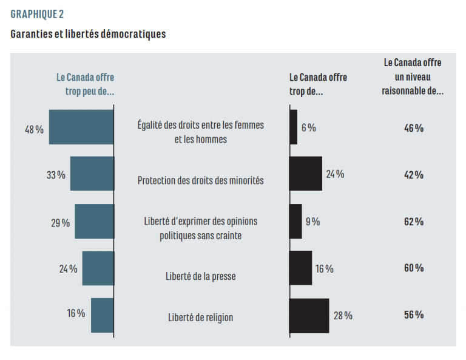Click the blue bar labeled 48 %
[81, 127]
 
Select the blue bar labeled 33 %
[92, 174]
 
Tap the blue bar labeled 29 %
[94, 221]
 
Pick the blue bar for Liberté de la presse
[98, 268]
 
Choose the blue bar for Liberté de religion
[103, 315]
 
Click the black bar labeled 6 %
[293, 127]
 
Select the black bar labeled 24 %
[305, 174]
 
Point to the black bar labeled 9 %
[295, 221]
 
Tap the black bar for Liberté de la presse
[300, 268]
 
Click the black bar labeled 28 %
[309, 315]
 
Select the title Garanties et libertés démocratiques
[88, 34]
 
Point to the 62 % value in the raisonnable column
[413, 222]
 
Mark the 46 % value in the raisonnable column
[413, 127]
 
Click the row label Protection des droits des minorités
[200, 180]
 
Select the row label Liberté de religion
[200, 317]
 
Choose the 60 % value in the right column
[413, 268]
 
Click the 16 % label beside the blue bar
[76, 313]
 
